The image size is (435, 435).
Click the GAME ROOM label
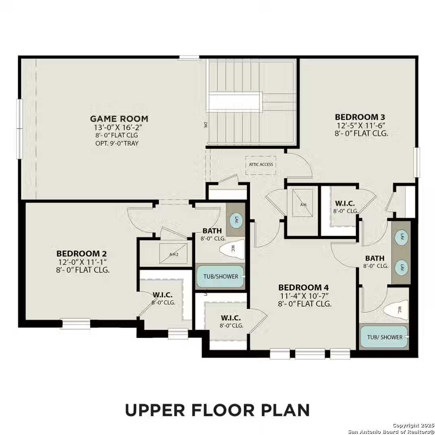coord(119,119)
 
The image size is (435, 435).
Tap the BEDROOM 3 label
coord(362,117)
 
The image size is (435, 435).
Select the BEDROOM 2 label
coord(82,254)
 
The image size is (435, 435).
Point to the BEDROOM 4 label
coord(304,288)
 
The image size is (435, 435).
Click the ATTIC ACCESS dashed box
coord(261,165)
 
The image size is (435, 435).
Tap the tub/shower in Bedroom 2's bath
coord(220,277)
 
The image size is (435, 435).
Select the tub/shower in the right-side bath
coord(385,337)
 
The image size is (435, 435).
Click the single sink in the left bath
coord(236,220)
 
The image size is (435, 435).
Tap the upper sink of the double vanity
coord(401,238)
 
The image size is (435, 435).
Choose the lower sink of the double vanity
coord(401,267)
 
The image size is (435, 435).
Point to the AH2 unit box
coord(174,254)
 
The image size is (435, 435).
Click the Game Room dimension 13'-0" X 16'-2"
coord(119,128)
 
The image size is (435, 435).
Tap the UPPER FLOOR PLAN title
coord(217,410)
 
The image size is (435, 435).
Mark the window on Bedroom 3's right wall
coord(417,162)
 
